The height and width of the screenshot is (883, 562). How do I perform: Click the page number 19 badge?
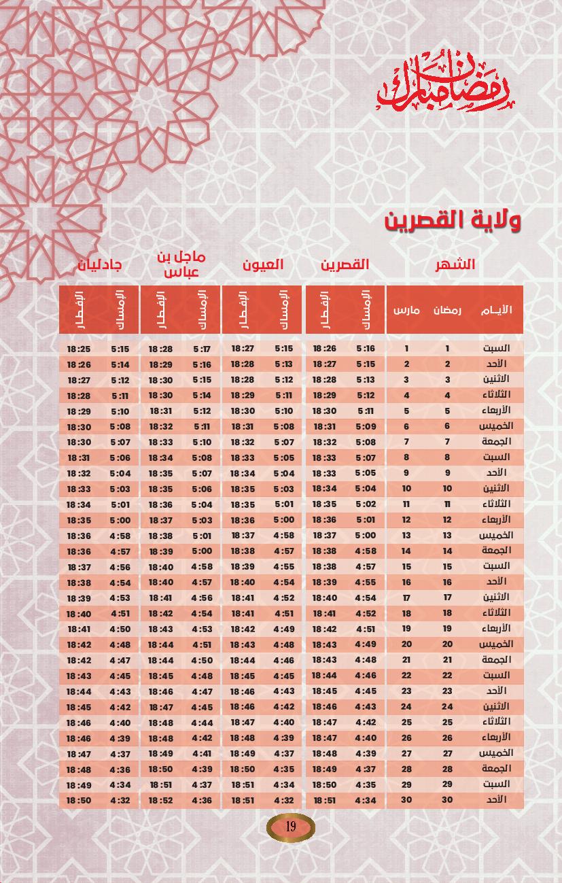(x=290, y=827)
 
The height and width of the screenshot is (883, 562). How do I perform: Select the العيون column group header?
(x=263, y=264)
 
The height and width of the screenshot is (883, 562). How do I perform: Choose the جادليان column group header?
(x=99, y=264)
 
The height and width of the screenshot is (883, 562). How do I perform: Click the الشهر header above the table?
(x=455, y=264)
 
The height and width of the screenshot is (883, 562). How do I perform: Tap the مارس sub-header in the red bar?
(x=406, y=310)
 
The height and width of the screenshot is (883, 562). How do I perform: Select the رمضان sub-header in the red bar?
(x=447, y=310)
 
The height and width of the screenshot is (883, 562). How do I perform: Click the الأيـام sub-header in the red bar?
(x=496, y=310)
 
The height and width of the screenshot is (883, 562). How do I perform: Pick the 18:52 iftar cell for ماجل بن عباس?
(x=161, y=801)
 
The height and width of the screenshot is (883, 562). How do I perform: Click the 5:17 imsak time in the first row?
(x=202, y=349)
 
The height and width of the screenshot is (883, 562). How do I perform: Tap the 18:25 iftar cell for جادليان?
(x=79, y=349)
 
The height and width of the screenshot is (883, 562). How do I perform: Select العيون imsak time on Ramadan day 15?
(x=283, y=566)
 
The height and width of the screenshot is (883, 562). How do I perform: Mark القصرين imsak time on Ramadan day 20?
(x=366, y=644)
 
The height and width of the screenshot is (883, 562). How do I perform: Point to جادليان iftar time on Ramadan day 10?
(x=79, y=489)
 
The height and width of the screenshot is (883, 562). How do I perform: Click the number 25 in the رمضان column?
(x=447, y=722)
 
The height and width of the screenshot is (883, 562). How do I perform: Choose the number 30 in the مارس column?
(x=406, y=800)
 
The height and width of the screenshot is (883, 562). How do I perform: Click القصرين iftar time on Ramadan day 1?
(x=325, y=349)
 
